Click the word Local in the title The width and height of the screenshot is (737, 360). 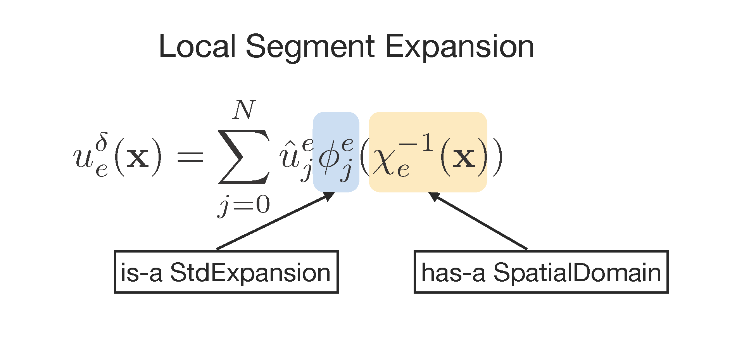point(197,47)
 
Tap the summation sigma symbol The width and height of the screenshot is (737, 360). point(243,157)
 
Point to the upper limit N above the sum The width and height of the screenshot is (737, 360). point(244,110)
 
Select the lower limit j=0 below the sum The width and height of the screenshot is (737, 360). point(244,205)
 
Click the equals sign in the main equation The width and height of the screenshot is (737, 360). point(190,157)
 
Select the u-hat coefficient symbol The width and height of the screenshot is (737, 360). point(289,157)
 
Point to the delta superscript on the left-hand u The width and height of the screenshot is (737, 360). point(102,142)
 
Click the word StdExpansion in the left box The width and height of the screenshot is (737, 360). point(250,272)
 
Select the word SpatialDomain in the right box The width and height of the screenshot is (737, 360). point(577,272)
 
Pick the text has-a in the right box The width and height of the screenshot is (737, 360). point(453,272)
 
